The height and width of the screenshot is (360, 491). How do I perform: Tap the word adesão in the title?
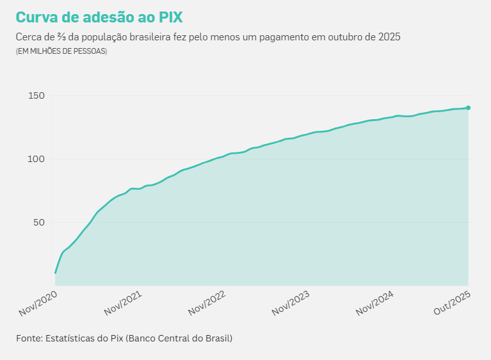point(108,17)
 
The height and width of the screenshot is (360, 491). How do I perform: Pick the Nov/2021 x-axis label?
point(123,302)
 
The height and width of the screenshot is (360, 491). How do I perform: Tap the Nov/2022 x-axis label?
point(207,302)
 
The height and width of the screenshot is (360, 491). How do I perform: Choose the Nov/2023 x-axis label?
point(291,302)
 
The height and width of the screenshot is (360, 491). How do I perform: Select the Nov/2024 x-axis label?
point(376,302)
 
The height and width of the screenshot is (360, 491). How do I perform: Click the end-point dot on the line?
point(468,108)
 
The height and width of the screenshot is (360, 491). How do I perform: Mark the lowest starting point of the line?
point(56,274)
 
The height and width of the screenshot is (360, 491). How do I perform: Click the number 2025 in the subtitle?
point(389,37)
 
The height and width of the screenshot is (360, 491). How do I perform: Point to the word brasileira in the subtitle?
point(150,37)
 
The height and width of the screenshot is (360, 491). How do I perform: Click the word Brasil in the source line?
point(216,338)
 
